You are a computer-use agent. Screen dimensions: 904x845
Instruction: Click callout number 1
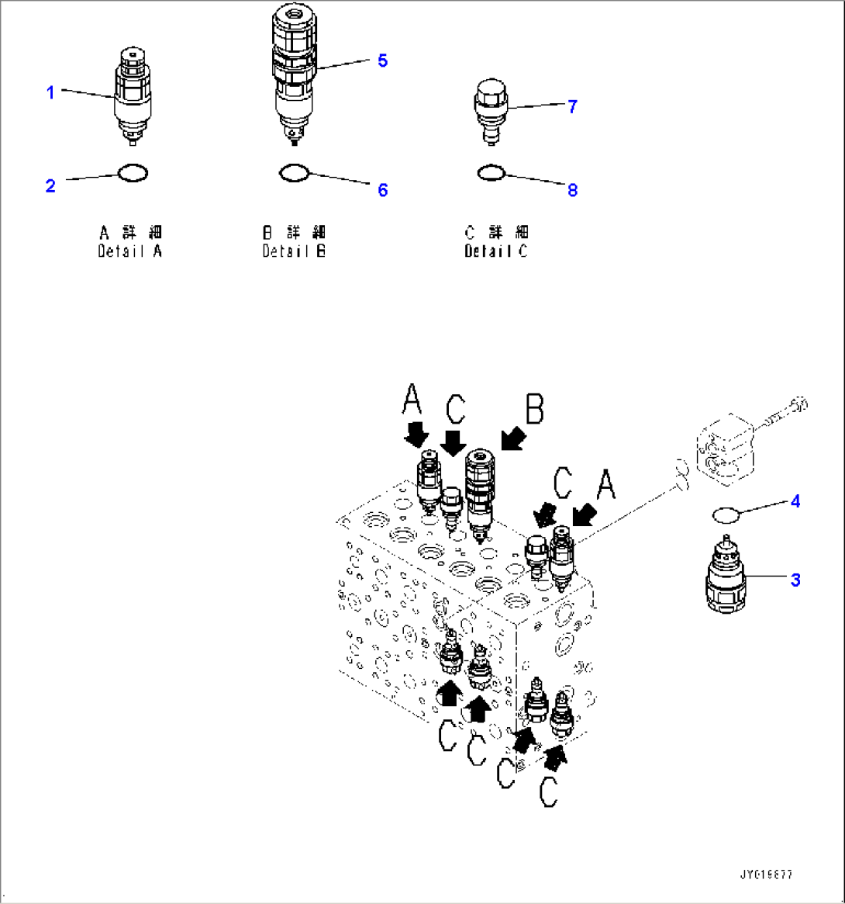pyautogui.click(x=50, y=93)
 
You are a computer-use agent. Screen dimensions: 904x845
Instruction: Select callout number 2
pyautogui.click(x=50, y=186)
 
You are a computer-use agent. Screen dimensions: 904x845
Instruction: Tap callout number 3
pyautogui.click(x=795, y=579)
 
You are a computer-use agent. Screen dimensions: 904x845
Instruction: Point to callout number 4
pyautogui.click(x=795, y=502)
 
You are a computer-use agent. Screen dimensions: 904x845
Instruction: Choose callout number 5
pyautogui.click(x=383, y=61)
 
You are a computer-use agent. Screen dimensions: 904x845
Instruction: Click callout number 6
pyautogui.click(x=383, y=190)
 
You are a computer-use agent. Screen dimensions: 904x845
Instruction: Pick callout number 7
pyautogui.click(x=572, y=107)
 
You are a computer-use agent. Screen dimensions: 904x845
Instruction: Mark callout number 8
pyautogui.click(x=572, y=190)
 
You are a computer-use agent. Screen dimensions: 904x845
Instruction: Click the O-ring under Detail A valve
pyautogui.click(x=133, y=172)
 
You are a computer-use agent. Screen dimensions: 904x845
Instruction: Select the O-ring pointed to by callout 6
pyautogui.click(x=295, y=173)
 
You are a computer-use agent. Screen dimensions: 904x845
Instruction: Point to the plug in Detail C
pyautogui.click(x=488, y=111)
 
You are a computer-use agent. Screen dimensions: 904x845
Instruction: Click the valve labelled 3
pyautogui.click(x=726, y=578)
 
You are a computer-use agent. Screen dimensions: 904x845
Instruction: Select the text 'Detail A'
pyautogui.click(x=130, y=251)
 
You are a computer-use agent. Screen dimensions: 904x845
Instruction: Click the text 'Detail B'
pyautogui.click(x=294, y=251)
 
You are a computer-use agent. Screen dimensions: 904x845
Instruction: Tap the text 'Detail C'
pyautogui.click(x=495, y=251)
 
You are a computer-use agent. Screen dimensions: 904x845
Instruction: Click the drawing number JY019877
pyautogui.click(x=767, y=874)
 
